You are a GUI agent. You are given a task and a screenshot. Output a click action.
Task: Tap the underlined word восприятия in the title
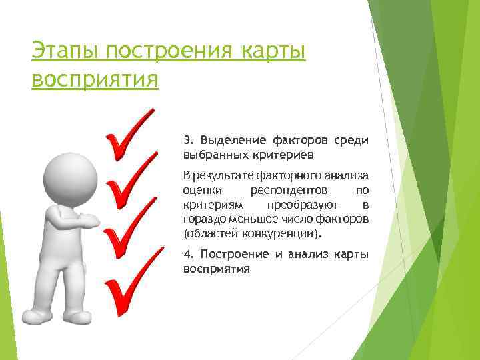pos(95,79)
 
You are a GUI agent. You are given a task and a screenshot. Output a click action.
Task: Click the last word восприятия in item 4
pos(216,269)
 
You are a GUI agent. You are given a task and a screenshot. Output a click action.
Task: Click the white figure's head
pos(65,174)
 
